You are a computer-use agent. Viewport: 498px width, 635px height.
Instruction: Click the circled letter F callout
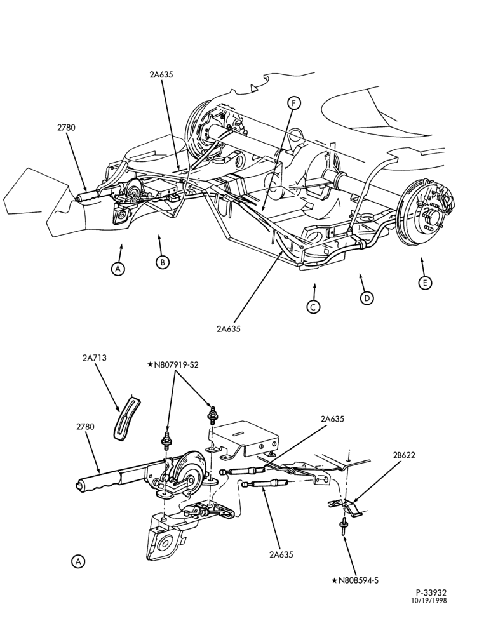(294, 103)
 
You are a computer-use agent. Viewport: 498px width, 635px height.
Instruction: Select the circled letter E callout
(425, 283)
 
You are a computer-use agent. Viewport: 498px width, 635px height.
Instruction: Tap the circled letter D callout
(367, 298)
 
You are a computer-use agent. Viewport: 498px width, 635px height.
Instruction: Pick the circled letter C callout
(313, 307)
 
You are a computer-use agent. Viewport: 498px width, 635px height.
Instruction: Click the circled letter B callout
(162, 262)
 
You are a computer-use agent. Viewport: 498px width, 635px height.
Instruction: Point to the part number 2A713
(95, 358)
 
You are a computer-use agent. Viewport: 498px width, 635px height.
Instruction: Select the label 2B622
(403, 455)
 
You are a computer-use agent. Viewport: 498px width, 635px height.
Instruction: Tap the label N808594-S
(355, 581)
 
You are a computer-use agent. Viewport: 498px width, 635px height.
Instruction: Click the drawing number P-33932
(430, 593)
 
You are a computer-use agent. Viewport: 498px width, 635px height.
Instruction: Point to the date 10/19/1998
(430, 601)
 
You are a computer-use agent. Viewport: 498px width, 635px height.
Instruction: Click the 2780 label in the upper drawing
(66, 128)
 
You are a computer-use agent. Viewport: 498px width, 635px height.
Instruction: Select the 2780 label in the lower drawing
(84, 427)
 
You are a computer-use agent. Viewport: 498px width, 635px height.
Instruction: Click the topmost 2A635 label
(161, 74)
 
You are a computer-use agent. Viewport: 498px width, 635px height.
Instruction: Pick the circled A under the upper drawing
(118, 269)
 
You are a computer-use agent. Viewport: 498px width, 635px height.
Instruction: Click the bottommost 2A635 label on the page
(281, 554)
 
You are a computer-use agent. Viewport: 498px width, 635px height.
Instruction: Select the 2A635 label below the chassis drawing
(229, 328)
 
